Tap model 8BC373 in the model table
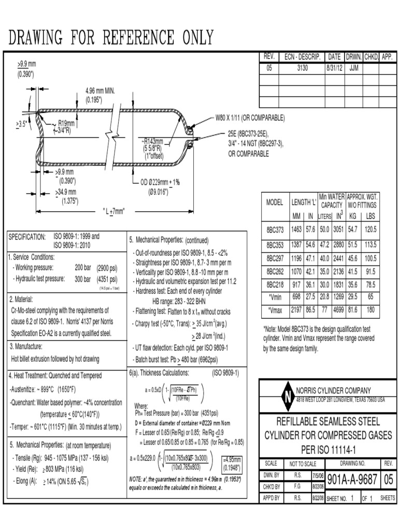(275, 229)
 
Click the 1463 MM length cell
(296, 229)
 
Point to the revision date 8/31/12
(334, 68)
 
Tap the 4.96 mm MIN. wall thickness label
(100, 91)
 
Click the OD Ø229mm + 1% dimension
(160, 182)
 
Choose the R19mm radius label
(66, 124)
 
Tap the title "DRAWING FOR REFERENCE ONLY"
(111, 37)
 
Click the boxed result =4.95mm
(231, 460)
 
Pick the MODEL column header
(275, 202)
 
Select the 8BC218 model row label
(275, 284)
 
